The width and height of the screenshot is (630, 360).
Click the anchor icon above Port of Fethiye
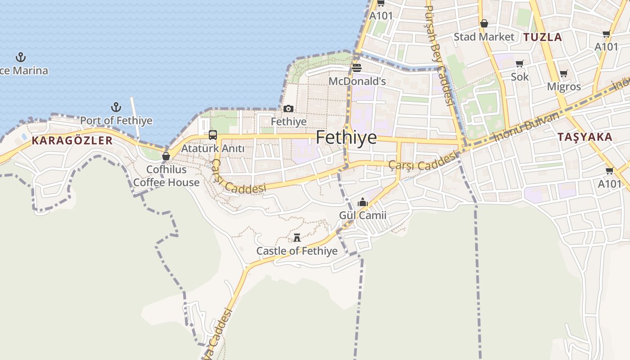point(116,107)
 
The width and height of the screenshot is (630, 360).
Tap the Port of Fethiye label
point(116,121)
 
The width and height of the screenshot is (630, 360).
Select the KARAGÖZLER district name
point(72,140)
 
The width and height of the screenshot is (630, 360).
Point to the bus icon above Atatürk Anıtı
point(213,135)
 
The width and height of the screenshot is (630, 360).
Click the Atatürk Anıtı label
point(213,148)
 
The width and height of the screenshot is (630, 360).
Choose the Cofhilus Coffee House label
point(166,176)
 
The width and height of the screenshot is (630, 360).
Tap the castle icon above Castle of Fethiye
point(297,237)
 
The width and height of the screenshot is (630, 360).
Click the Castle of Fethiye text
point(297,251)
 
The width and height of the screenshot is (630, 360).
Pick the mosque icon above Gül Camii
point(363,202)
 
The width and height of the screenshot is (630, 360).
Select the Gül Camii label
point(363,215)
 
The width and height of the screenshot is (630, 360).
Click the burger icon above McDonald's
point(357,68)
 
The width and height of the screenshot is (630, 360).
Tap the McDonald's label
point(357,81)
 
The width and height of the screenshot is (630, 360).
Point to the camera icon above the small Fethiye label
point(288,108)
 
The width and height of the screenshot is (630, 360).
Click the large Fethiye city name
point(346,137)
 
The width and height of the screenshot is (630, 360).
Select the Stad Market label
point(484,37)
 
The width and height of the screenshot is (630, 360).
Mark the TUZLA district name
point(543,37)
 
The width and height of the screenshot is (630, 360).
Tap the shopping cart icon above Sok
point(520,63)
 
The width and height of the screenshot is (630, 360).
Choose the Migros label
point(564,86)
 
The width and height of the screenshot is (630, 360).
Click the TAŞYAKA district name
point(585,137)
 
